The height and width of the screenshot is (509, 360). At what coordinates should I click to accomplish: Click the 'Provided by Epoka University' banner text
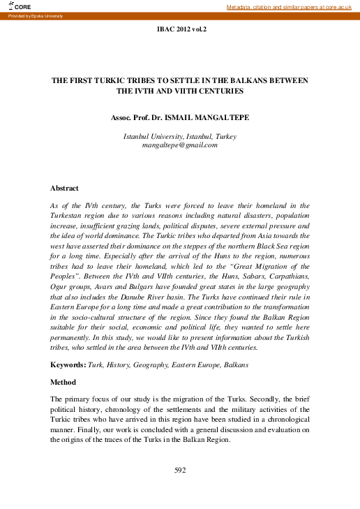pos(35,15)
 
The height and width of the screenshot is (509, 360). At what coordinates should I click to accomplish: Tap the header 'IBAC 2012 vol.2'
pos(180,31)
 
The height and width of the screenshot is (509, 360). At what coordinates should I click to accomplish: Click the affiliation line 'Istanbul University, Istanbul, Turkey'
pos(180,135)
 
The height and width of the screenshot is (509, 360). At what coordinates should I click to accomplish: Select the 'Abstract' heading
pos(64,189)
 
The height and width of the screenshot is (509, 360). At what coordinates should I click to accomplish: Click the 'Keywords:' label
pos(68,365)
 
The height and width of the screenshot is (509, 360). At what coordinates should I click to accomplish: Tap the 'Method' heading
pos(63,383)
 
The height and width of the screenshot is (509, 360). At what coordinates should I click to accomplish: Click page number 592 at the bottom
pos(180,471)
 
